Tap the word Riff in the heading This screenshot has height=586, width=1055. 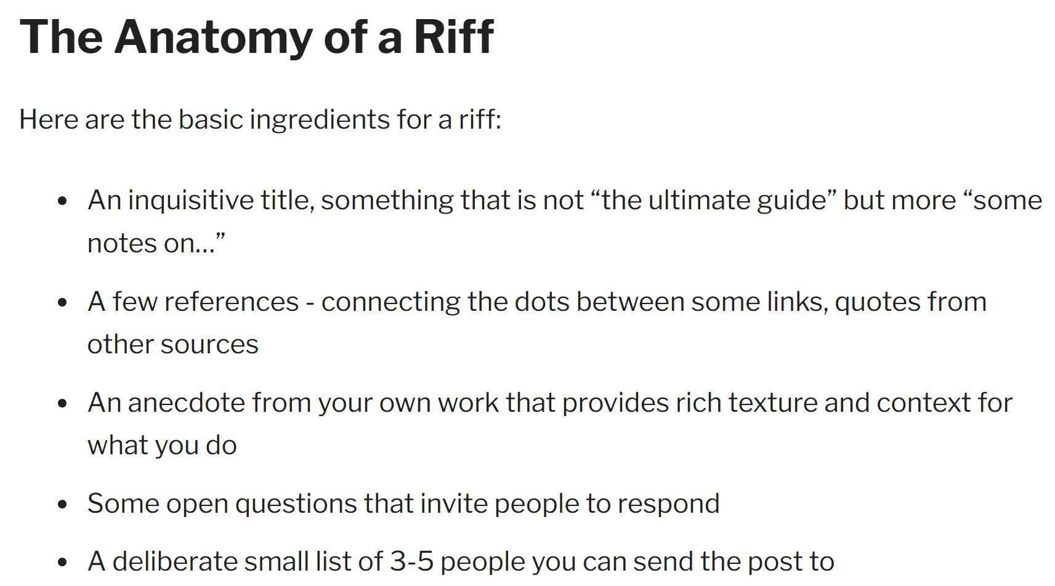(454, 36)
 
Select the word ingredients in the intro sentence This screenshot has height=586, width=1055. (320, 119)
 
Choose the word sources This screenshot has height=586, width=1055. (209, 345)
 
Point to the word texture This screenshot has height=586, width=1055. (773, 403)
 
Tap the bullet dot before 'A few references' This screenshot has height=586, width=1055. (62, 303)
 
